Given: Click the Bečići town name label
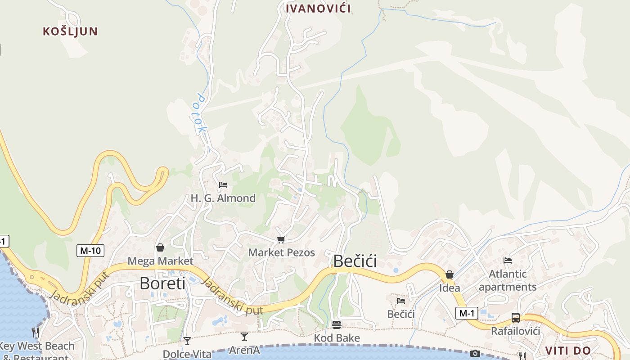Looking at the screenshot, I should [x=355, y=261].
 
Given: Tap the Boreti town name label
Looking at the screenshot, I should [x=162, y=283].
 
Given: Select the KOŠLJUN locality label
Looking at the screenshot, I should [x=70, y=31].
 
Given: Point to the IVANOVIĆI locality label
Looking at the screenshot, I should [x=318, y=9].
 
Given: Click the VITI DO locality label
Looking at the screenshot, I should [x=568, y=351].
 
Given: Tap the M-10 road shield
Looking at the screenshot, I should [x=90, y=251].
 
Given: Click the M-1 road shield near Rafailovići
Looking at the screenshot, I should [x=467, y=313].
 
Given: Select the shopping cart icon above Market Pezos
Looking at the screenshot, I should [x=281, y=239].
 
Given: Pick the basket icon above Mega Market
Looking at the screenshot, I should [x=160, y=247].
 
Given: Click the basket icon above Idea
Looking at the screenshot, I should [x=449, y=274].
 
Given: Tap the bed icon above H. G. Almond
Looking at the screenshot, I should [x=223, y=185].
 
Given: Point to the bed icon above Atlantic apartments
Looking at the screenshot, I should [x=508, y=260].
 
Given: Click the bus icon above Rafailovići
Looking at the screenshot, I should [x=516, y=318].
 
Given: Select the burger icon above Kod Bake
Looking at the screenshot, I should [x=337, y=324].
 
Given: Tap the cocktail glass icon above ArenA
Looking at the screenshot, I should [x=244, y=336].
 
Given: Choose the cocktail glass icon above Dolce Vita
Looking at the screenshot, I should [x=187, y=341].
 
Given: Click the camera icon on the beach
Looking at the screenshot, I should [x=475, y=353].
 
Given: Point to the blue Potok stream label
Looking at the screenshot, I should [x=201, y=113].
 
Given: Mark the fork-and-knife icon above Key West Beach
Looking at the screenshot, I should [x=36, y=333].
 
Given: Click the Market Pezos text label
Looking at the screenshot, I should [x=282, y=252].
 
